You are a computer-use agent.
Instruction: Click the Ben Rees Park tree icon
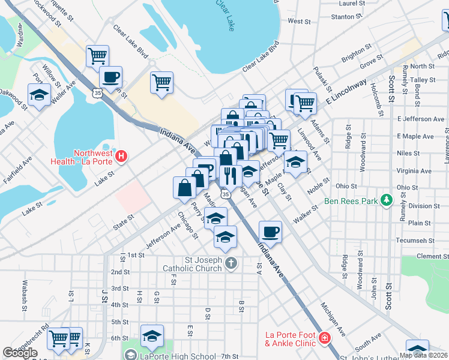388,200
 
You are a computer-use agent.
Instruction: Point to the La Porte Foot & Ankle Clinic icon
325,338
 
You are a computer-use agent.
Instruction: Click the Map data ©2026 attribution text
423,355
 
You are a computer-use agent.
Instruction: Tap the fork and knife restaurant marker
231,176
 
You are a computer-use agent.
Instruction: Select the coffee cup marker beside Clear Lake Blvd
110,77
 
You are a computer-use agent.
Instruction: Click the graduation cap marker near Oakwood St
40,95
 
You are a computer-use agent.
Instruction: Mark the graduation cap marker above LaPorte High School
152,336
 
